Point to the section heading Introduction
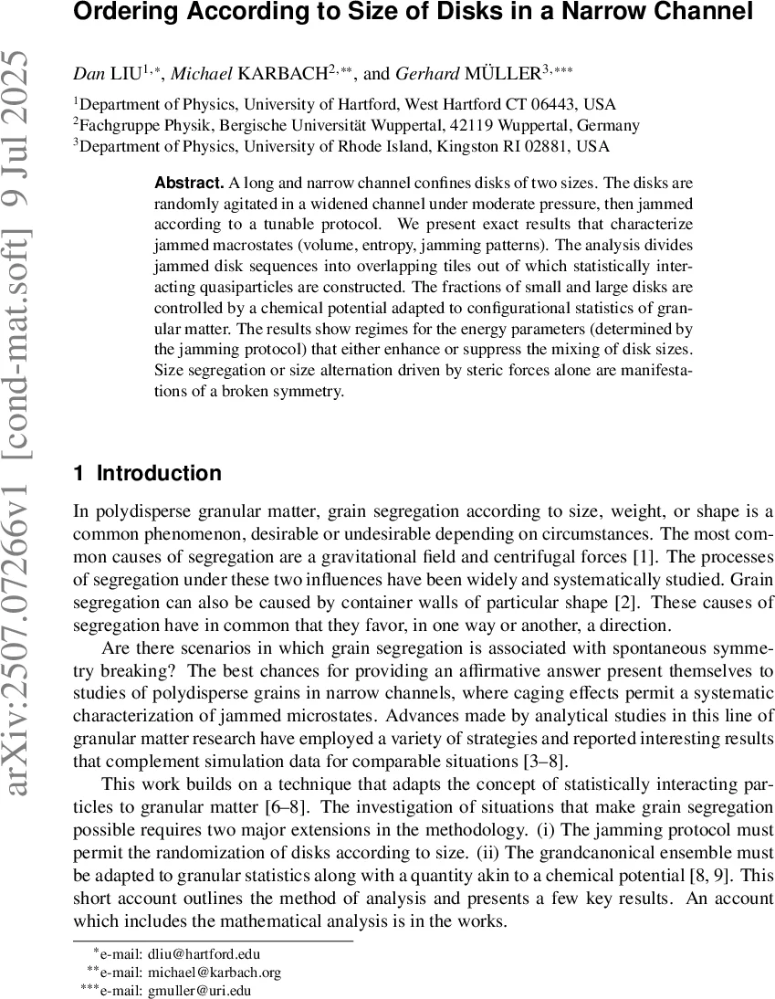pyautogui.click(x=159, y=473)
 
